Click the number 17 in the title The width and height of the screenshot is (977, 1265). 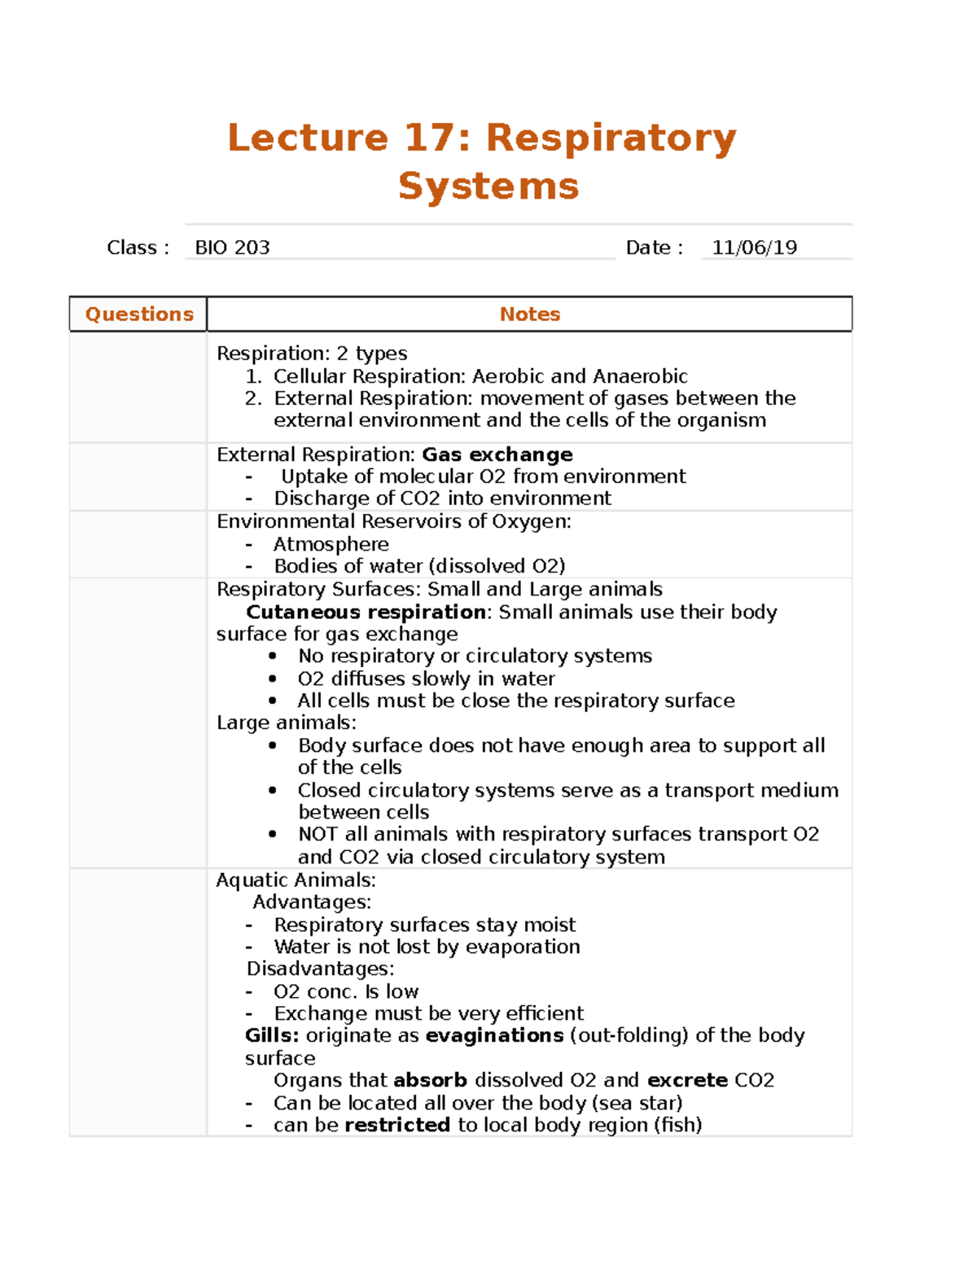[427, 137]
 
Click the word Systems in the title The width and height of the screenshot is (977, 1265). [488, 186]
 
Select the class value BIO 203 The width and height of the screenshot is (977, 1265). [232, 248]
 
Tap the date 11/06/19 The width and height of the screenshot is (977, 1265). [754, 248]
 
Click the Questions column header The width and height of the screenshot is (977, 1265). [139, 314]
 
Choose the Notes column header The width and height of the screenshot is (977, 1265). [529, 314]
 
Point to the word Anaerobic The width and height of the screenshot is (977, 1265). [640, 376]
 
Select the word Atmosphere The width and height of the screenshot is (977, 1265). [331, 544]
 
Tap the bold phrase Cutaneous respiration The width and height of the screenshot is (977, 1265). [366, 612]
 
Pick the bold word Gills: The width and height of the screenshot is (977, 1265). [272, 1035]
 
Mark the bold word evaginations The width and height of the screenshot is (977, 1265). [494, 1035]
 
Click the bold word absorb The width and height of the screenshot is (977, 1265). [430, 1080]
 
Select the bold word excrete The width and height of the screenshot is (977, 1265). [687, 1080]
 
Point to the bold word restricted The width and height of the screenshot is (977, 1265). [397, 1125]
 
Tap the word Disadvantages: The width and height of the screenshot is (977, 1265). [320, 969]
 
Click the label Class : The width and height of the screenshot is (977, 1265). [138, 248]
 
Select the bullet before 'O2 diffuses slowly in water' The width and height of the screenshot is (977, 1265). [273, 679]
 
